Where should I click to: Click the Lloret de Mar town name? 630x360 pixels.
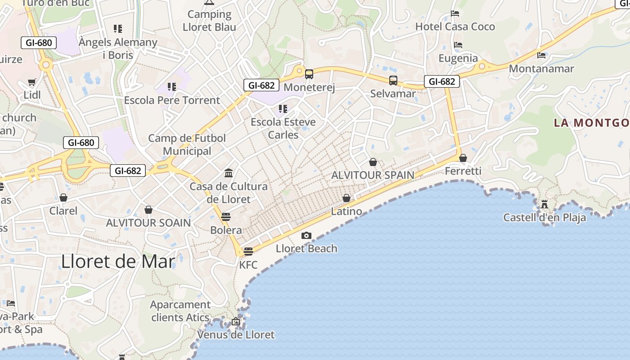(x=118, y=261)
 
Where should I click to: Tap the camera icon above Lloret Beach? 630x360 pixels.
(x=306, y=235)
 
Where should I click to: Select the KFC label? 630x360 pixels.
(x=248, y=265)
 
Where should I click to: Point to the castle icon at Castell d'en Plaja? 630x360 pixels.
(x=544, y=205)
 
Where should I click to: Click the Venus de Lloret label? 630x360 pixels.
(x=236, y=335)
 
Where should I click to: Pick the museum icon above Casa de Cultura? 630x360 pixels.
(x=229, y=173)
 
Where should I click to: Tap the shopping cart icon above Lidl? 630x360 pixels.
(x=32, y=82)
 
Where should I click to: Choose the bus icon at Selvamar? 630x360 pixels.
(x=393, y=81)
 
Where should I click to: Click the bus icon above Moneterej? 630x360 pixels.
(x=309, y=74)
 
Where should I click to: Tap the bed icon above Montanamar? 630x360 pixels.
(x=541, y=55)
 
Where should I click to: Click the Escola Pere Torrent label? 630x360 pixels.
(x=172, y=100)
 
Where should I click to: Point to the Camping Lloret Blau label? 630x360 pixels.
(x=209, y=21)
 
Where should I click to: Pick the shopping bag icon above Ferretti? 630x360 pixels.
(x=463, y=158)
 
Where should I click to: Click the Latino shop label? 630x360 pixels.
(x=346, y=211)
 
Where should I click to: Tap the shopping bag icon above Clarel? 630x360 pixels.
(x=63, y=198)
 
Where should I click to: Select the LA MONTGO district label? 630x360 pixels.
(x=591, y=123)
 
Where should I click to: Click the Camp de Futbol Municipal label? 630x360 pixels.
(x=187, y=144)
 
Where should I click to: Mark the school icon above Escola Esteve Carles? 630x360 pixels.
(x=283, y=108)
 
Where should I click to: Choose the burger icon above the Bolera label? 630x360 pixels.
(x=226, y=216)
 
